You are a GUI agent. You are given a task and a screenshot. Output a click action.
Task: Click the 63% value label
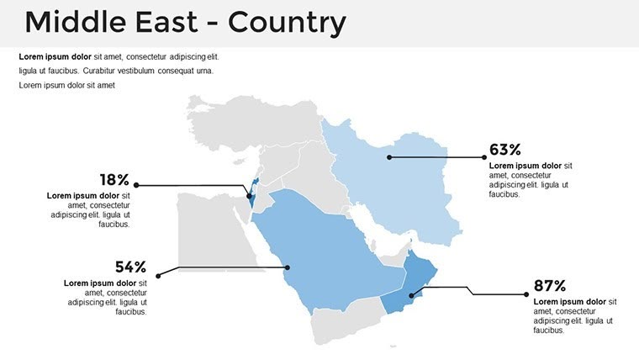coord(504,150)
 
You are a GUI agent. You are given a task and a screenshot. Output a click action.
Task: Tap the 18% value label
coord(114,179)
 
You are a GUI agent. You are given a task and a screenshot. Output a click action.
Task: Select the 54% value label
coord(130,267)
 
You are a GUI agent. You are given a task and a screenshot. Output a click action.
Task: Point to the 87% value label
coord(549,285)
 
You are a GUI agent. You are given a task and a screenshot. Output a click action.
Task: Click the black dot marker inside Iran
coord(389,156)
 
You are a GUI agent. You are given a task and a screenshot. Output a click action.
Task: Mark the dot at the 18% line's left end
coord(136,184)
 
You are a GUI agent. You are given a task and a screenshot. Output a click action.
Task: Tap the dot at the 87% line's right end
coord(525,294)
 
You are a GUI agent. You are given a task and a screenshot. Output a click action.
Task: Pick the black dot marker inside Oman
coord(411,294)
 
